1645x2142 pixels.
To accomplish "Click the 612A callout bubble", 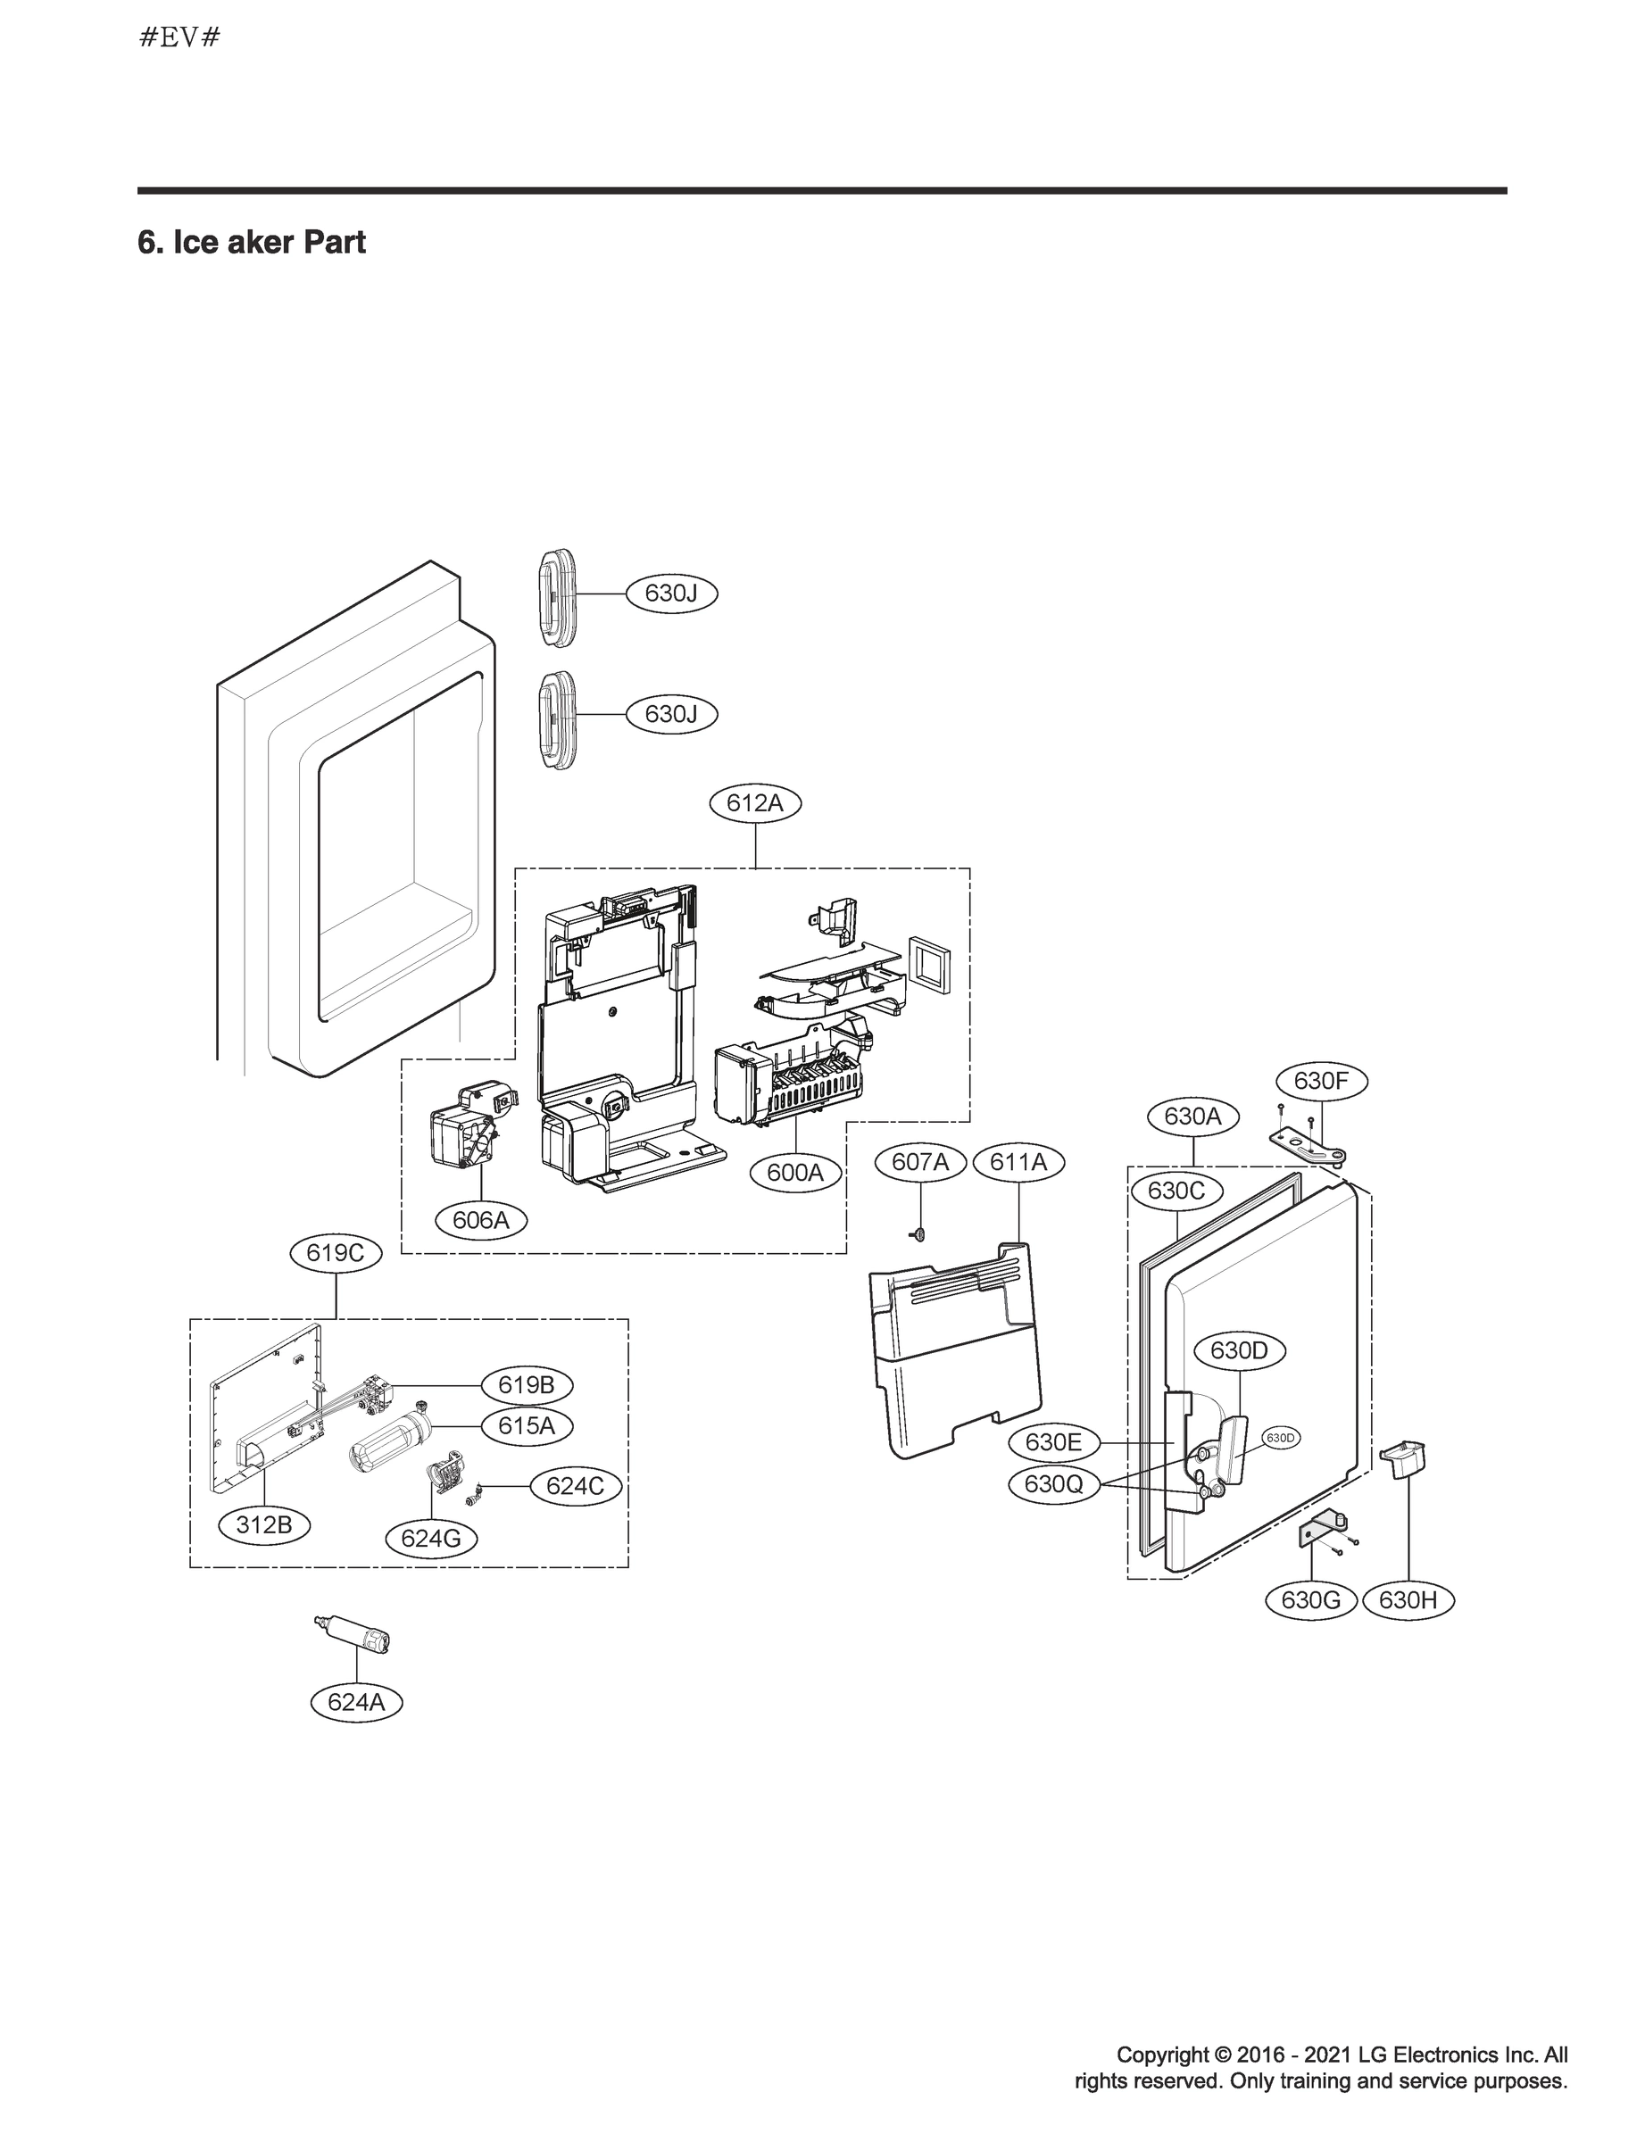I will (755, 804).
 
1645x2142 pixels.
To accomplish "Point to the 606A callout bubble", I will (481, 1220).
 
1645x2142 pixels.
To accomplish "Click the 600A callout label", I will (795, 1172).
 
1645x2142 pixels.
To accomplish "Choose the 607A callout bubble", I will (920, 1162).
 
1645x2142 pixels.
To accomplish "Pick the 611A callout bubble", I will (1018, 1162).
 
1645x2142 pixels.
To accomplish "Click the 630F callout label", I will (1322, 1081).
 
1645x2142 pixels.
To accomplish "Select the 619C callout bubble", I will (336, 1253).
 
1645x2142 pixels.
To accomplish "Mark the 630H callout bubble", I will (1408, 1600).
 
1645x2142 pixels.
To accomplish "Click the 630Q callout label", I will (1053, 1484).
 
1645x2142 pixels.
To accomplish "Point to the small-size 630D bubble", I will (1281, 1438).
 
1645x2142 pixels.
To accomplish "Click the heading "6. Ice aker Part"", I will (252, 242).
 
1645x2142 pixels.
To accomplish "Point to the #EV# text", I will (180, 38).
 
